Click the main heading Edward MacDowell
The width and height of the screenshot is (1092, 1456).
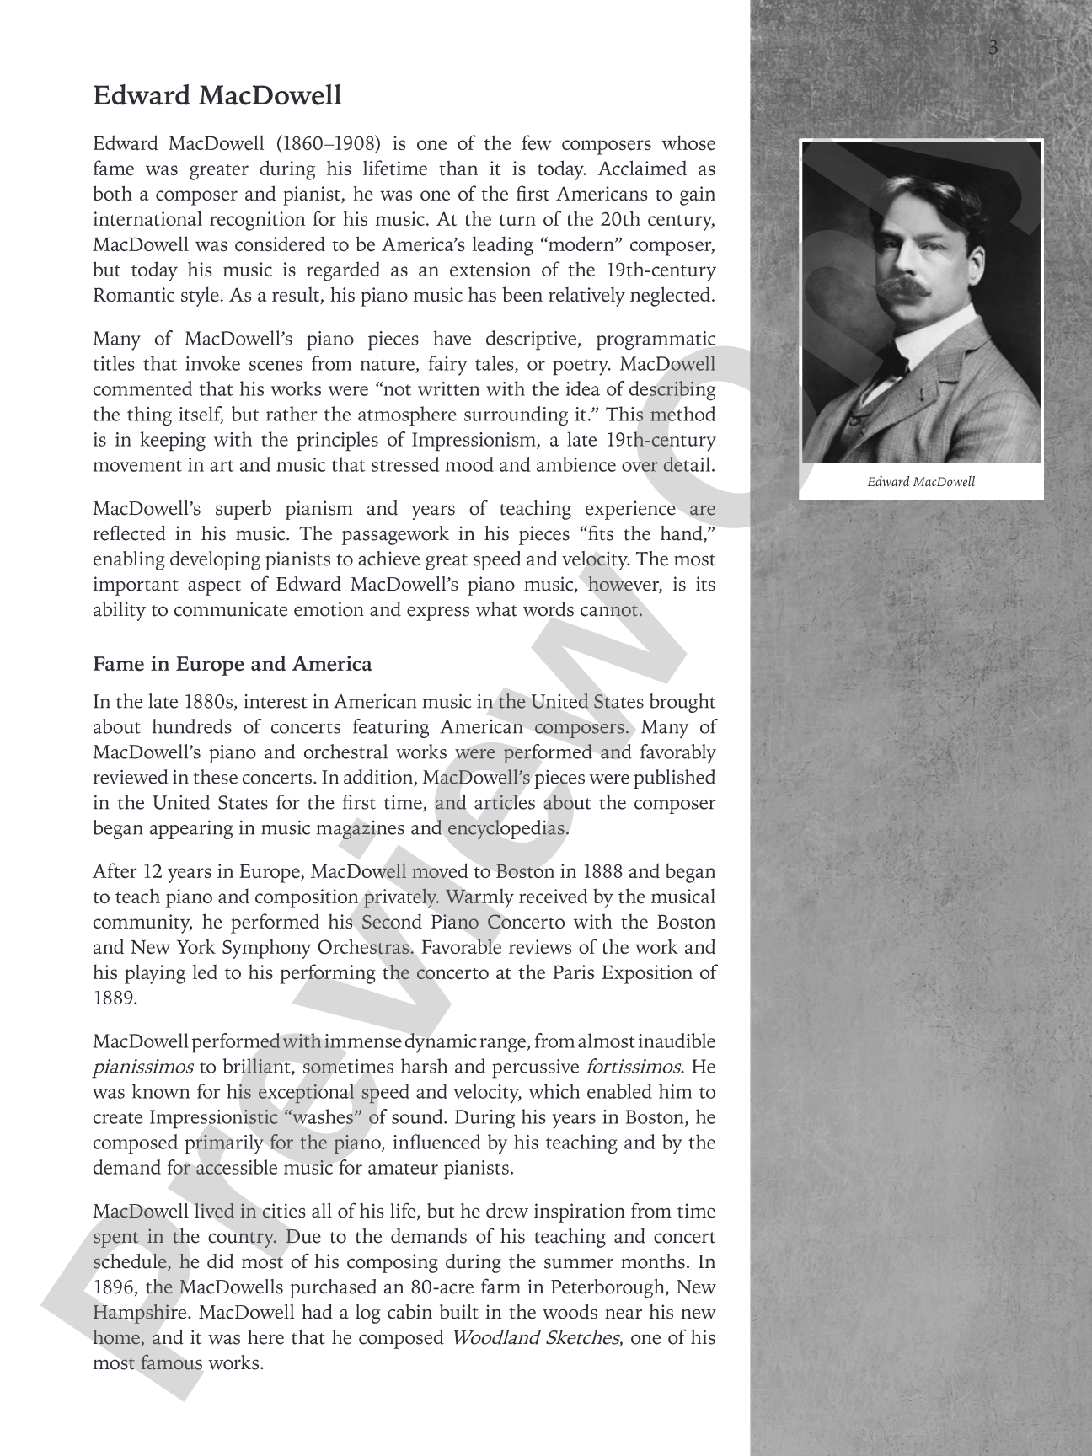tap(217, 96)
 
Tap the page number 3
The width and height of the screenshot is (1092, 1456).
tap(993, 48)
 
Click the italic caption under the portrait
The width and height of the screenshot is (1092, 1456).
tap(920, 482)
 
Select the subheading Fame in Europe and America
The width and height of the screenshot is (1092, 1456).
tap(232, 664)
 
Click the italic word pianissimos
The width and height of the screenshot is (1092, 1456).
tap(142, 1067)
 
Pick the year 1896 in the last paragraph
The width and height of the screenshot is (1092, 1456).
tap(114, 1287)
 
